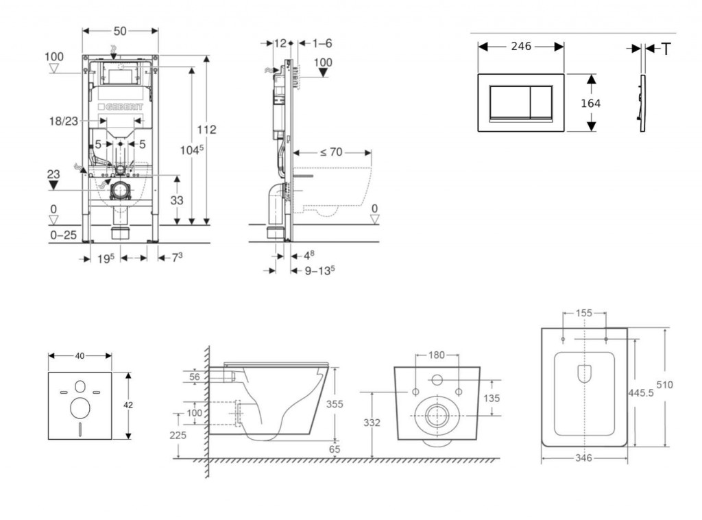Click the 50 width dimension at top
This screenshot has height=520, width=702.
tap(120, 32)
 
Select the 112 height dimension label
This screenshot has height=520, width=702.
tap(207, 130)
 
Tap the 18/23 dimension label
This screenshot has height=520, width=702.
tap(62, 121)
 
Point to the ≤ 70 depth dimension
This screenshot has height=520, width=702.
tap(331, 152)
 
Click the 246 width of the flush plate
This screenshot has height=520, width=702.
tap(521, 47)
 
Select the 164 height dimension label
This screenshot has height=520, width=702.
tap(590, 103)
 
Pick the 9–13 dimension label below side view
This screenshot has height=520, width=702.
tap(319, 270)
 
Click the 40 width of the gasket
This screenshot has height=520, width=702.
tap(80, 355)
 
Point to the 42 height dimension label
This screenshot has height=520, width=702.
tap(128, 405)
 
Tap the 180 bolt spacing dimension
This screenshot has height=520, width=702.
tap(437, 355)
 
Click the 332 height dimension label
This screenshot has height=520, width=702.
tap(371, 423)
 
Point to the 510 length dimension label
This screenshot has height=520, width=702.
tap(664, 384)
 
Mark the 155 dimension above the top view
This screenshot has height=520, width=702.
tap(584, 313)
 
